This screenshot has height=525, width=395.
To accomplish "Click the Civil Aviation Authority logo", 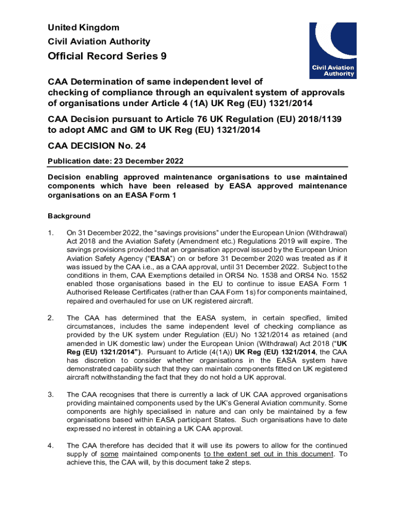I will (332, 50).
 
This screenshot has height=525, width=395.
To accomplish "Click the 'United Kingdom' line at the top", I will (83, 27).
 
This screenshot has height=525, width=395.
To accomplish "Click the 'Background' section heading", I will (69, 216).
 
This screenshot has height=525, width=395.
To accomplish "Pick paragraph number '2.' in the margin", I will (50, 318).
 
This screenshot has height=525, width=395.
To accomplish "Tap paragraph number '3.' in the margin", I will (50, 394).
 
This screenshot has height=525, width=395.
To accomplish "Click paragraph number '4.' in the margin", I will (50, 445).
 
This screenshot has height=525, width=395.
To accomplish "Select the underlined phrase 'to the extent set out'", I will (240, 454).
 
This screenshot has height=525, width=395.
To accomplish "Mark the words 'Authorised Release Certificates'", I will (120, 292).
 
